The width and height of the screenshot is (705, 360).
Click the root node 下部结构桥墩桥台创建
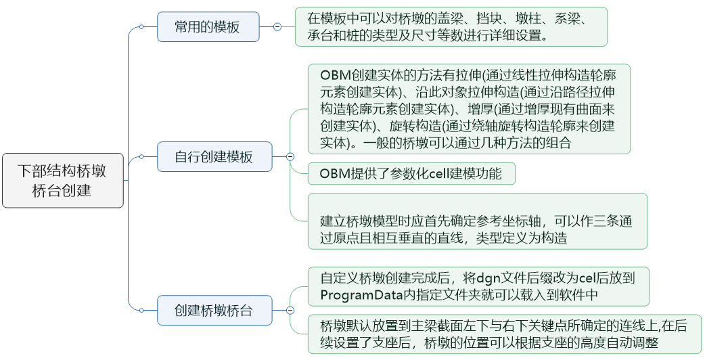coord(63,181)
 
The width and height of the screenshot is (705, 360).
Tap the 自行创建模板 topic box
coord(214,157)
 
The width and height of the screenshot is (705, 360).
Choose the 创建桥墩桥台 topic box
coord(214,311)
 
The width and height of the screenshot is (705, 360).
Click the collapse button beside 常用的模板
coord(277,27)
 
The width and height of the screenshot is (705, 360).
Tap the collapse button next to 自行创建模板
coord(290,157)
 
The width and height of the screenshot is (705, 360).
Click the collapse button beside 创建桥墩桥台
coord(290,311)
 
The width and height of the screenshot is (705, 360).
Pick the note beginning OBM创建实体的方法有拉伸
coord(469,108)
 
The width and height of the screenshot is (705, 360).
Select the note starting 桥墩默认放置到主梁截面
coord(504,334)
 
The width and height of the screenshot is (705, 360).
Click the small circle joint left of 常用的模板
coord(141,27)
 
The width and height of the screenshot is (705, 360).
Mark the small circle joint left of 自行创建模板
coord(141,157)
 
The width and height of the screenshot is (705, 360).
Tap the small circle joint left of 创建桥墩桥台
coord(141,311)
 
